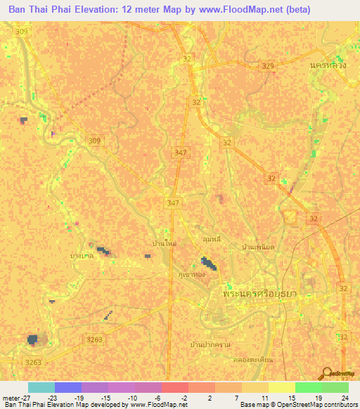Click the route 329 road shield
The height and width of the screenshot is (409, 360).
point(267,65)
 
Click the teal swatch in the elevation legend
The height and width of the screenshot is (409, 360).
point(41,387)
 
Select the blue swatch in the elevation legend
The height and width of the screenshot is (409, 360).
point(68,387)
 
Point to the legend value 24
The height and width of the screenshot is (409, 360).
point(345,398)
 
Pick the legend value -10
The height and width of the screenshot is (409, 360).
point(131,398)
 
